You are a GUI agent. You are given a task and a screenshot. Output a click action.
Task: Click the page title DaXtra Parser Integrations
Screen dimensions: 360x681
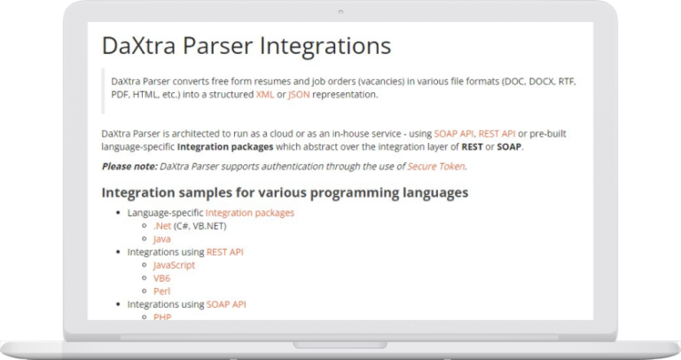tap(246, 46)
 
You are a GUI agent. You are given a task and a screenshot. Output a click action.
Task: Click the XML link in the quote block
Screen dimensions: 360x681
tap(265, 94)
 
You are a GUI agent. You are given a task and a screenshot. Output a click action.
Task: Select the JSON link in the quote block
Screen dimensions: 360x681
tap(299, 94)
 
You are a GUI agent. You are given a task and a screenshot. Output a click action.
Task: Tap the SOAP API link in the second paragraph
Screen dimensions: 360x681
tap(454, 134)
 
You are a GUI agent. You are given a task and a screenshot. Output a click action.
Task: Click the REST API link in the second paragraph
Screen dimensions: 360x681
tap(497, 134)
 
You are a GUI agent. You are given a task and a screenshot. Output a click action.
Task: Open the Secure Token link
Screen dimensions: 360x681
tap(435, 166)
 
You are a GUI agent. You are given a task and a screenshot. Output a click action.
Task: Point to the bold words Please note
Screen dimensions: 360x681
tap(129, 166)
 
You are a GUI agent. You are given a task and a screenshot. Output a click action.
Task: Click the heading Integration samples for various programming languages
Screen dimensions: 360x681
tap(285, 192)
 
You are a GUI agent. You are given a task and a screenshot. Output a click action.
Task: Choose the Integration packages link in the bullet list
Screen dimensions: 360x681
tap(249, 213)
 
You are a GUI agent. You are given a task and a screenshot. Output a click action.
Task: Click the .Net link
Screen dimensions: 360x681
tap(161, 226)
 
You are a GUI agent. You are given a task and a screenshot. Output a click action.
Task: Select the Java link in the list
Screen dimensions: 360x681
tap(161, 239)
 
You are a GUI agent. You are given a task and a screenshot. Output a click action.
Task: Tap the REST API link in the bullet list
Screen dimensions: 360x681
tap(224, 252)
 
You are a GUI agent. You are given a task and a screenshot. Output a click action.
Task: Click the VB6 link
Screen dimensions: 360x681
tap(161, 278)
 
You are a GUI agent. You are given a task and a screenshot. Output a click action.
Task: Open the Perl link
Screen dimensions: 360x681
tap(161, 291)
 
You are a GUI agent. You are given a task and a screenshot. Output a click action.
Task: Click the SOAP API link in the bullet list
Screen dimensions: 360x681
tap(226, 304)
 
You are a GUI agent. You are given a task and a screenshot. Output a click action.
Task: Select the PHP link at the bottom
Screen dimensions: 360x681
tap(161, 316)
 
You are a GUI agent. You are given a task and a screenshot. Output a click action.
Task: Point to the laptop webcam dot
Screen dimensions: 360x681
tap(340, 12)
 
